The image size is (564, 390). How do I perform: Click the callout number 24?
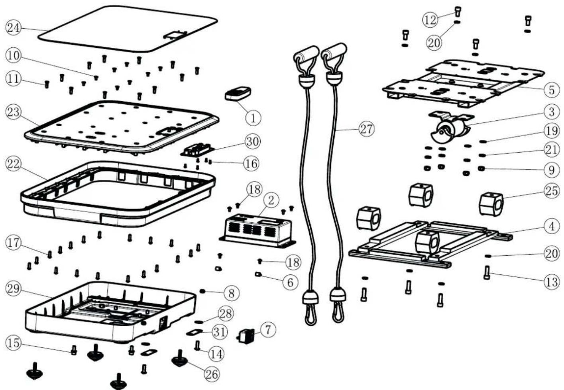click(x=14, y=28)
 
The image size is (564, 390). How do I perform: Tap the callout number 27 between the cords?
click(x=366, y=129)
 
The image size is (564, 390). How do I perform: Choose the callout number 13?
click(x=551, y=282)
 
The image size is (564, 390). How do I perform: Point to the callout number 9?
click(x=551, y=170)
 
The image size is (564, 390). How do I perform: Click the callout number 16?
click(x=251, y=163)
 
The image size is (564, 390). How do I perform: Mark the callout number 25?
click(x=551, y=191)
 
